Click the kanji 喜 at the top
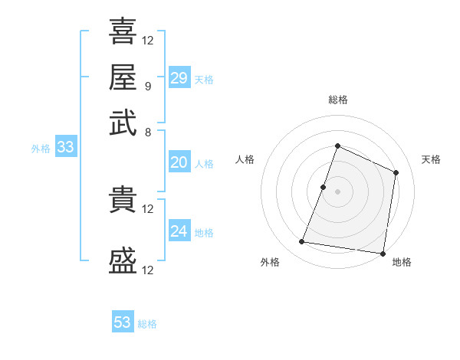click(x=123, y=31)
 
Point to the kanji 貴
click(x=123, y=200)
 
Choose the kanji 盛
click(x=123, y=261)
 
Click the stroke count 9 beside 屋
click(x=147, y=86)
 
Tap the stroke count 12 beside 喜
click(x=148, y=40)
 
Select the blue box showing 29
click(x=179, y=77)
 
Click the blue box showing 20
click(x=179, y=162)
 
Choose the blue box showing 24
click(x=179, y=231)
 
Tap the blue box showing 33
click(x=65, y=147)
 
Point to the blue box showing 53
click(x=123, y=322)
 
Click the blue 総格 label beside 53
click(x=147, y=324)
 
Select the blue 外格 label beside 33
click(x=41, y=149)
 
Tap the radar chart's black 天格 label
click(x=431, y=159)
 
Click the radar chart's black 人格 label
click(x=245, y=159)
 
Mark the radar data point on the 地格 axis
click(x=383, y=254)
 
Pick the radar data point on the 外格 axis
click(x=302, y=242)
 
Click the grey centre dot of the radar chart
click(x=337, y=191)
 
